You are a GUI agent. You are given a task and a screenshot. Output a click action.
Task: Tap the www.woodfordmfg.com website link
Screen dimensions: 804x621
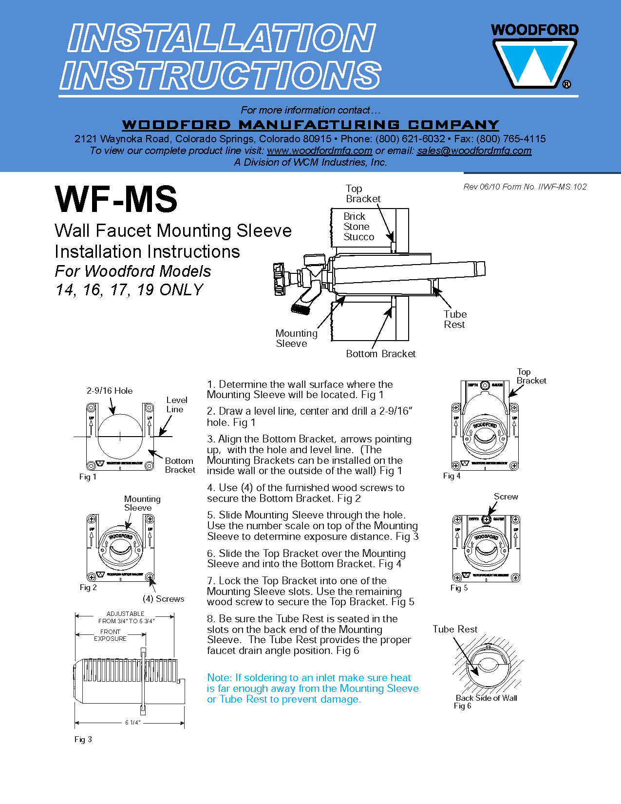320,151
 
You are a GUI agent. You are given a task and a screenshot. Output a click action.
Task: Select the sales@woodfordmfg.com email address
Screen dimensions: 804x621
474,151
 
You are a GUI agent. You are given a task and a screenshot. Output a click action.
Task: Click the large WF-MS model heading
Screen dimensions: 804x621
116,199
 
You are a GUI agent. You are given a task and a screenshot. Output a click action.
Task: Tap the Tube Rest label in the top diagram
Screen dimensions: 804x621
455,319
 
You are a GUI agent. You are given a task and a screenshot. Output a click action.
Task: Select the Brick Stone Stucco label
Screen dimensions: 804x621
358,227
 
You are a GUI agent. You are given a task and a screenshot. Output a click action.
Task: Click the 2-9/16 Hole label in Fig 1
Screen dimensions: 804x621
110,391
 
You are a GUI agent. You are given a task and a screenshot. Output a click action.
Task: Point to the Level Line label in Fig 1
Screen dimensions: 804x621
176,404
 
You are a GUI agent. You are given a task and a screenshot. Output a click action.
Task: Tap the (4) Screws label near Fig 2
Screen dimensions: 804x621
163,599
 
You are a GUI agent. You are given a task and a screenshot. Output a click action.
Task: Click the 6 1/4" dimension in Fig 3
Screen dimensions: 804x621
132,722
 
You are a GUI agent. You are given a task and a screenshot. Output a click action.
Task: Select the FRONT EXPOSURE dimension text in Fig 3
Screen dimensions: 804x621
110,635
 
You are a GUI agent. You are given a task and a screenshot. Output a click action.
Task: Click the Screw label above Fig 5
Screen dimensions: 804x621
506,497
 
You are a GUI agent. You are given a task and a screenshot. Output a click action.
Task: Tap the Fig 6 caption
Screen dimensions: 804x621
462,706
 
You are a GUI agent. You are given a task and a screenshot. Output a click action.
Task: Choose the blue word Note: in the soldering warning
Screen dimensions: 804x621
219,678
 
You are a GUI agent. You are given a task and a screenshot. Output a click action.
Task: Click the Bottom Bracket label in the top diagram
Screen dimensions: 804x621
380,354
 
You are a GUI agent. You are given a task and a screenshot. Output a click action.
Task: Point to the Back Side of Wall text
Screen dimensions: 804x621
486,698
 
